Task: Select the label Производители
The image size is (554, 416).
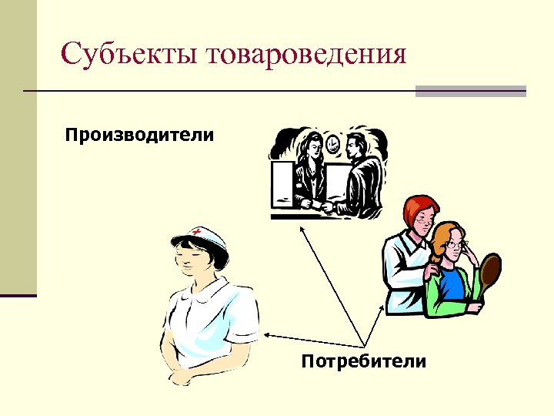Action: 139,136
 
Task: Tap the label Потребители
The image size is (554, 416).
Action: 363,361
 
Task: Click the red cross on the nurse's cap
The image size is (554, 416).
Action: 197,232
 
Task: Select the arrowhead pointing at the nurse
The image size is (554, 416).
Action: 268,334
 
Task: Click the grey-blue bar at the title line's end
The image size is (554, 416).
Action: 470,92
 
